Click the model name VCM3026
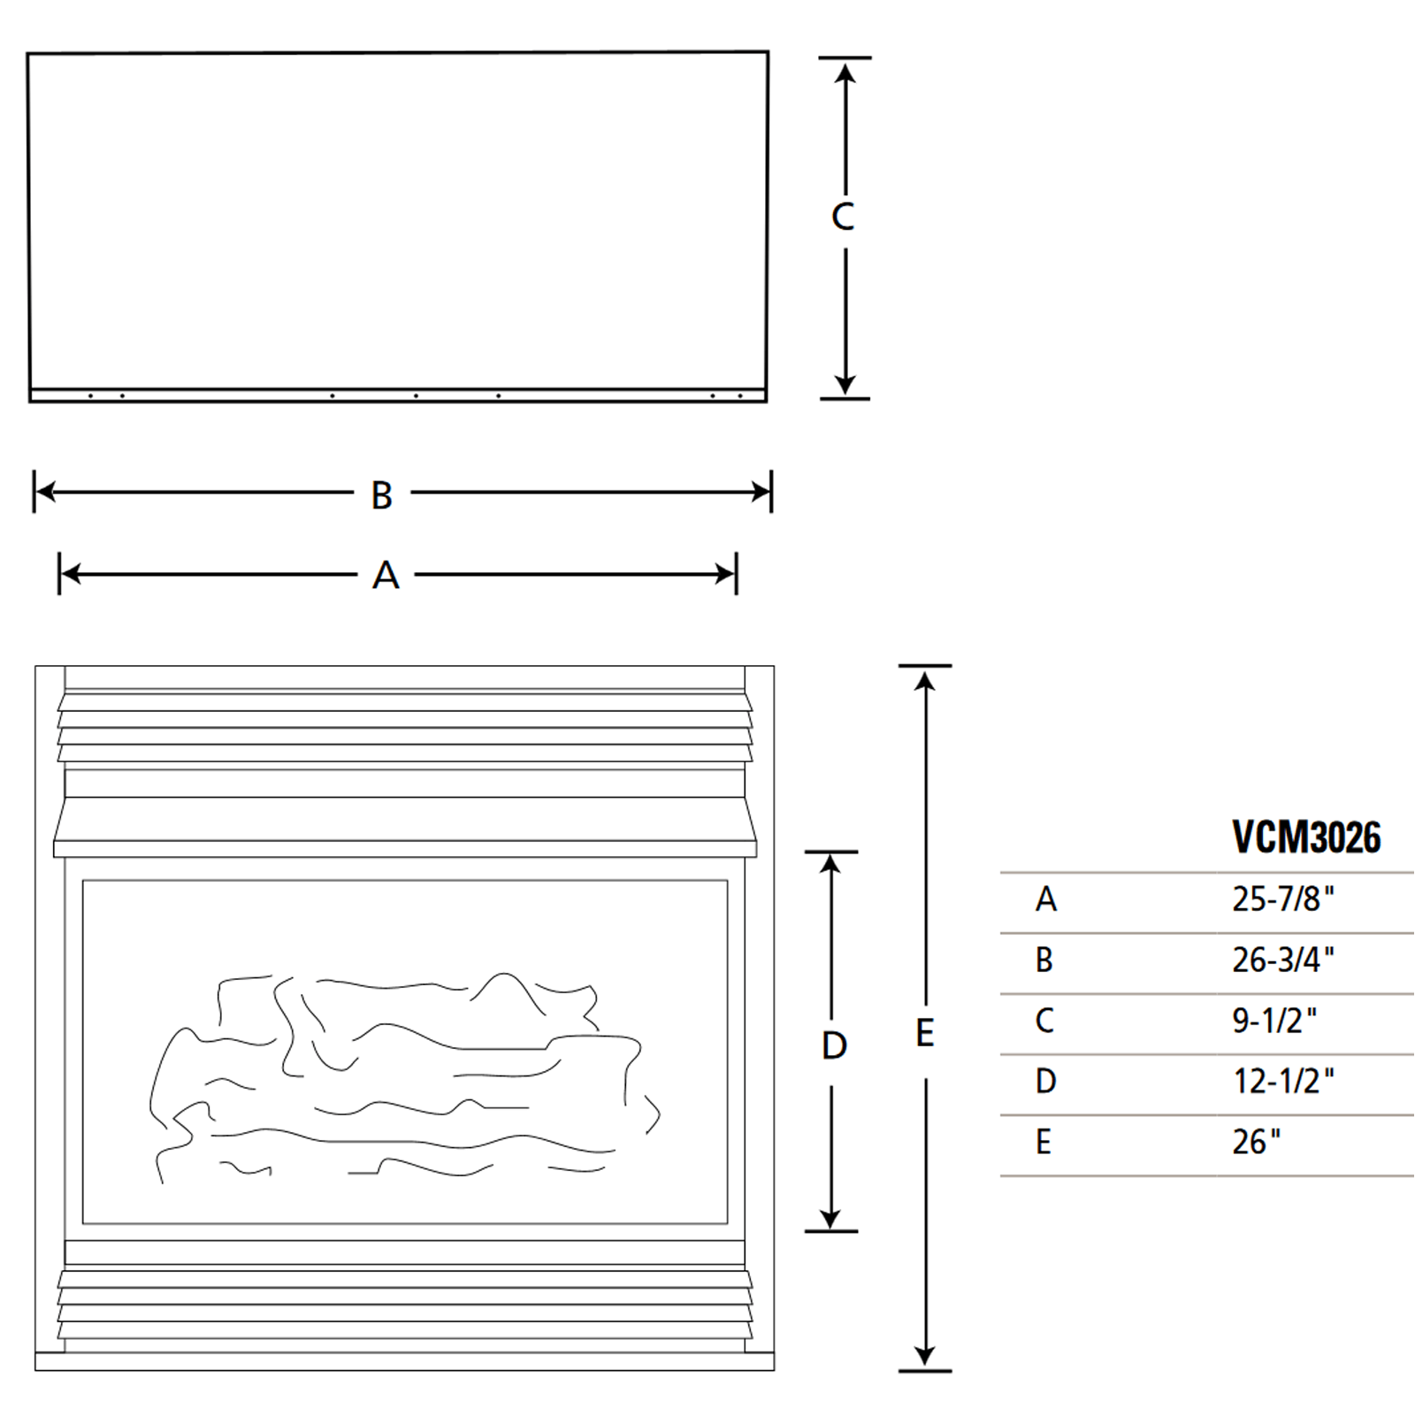pyautogui.click(x=1305, y=837)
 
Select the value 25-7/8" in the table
pyautogui.click(x=1282, y=899)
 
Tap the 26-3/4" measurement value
pyautogui.click(x=1282, y=960)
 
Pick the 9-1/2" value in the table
pyautogui.click(x=1273, y=1021)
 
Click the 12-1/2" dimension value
pyautogui.click(x=1282, y=1081)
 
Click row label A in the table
pyautogui.click(x=1045, y=899)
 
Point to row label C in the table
pyautogui.click(x=1044, y=1021)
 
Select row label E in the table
pyautogui.click(x=1044, y=1142)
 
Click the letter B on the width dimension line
pyautogui.click(x=381, y=495)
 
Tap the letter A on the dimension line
pyautogui.click(x=386, y=576)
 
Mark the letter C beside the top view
pyautogui.click(x=843, y=217)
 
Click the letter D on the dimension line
pyautogui.click(x=834, y=1045)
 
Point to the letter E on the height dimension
pyautogui.click(x=924, y=1033)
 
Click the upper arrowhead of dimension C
pyautogui.click(x=845, y=73)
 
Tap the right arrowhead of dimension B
pyautogui.click(x=761, y=492)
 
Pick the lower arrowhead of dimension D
pyautogui.click(x=830, y=1218)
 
